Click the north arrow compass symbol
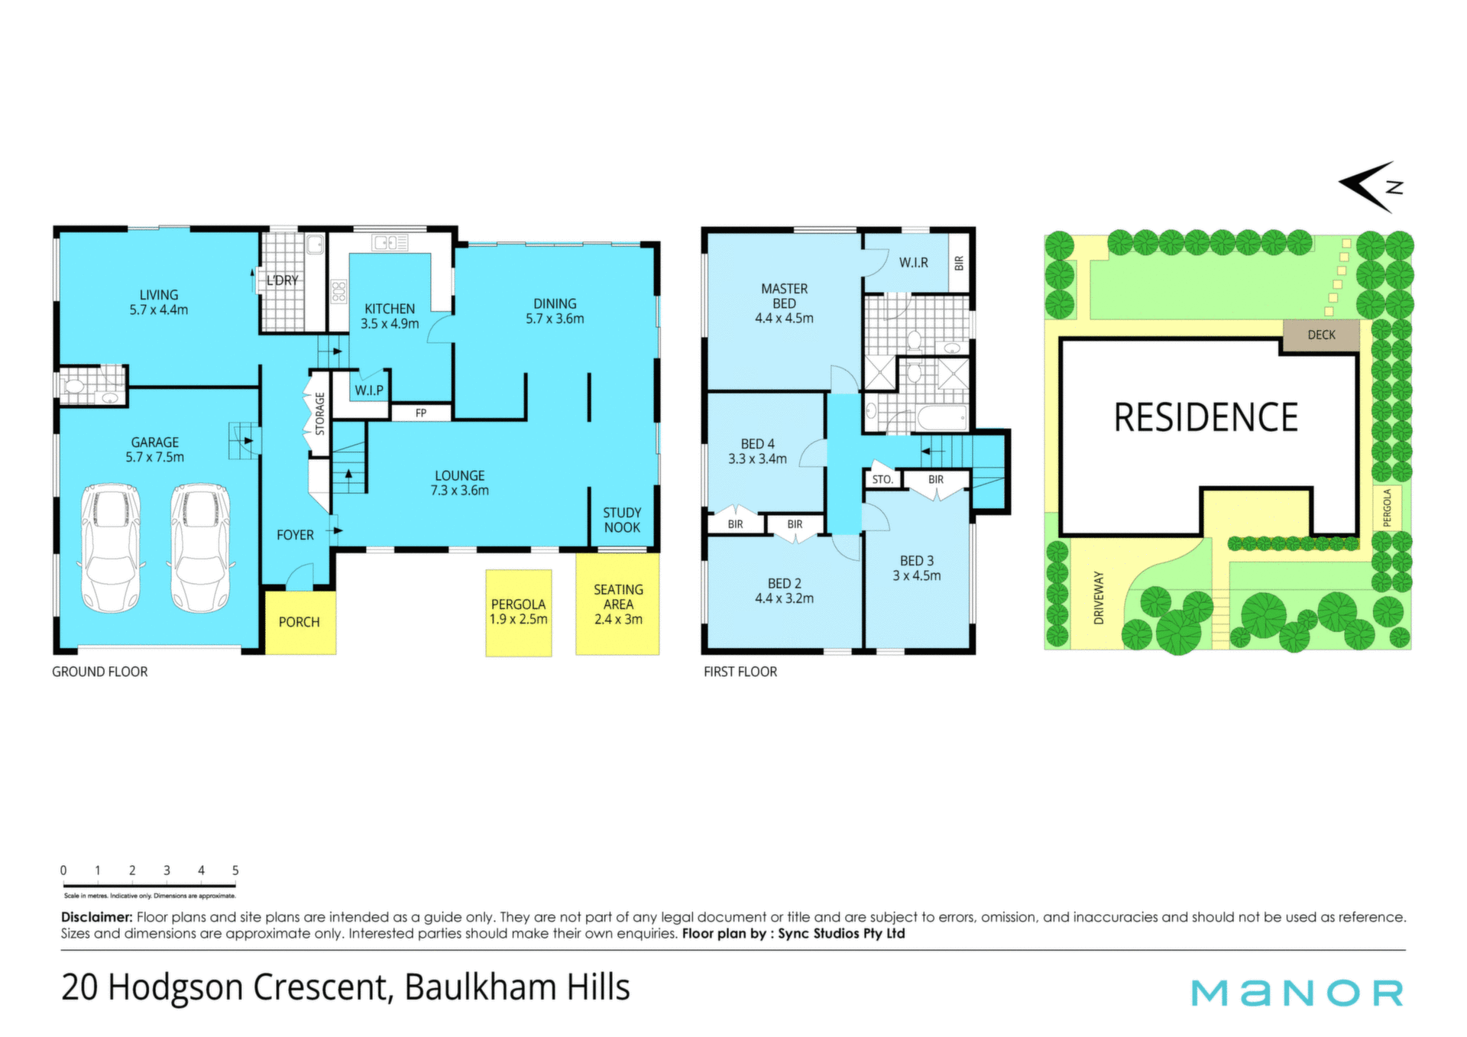click(x=1371, y=186)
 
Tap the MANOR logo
click(x=1297, y=993)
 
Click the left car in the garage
click(x=110, y=547)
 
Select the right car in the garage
click(x=200, y=547)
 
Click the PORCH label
click(x=299, y=622)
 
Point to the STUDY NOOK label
click(x=622, y=520)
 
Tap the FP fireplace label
click(x=421, y=413)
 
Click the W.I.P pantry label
click(x=369, y=390)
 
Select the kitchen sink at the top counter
click(x=390, y=243)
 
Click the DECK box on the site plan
click(x=1321, y=335)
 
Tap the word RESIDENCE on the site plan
click(x=1206, y=418)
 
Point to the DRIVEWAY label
click(x=1099, y=598)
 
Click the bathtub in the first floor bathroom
click(x=941, y=418)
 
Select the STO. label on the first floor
click(x=882, y=480)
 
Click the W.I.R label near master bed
click(x=913, y=262)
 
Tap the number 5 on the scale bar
click(x=235, y=870)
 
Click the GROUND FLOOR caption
click(x=100, y=672)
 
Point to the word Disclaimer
click(x=97, y=917)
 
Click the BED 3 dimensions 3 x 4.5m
click(x=917, y=575)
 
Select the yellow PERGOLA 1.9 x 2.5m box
click(x=519, y=613)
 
